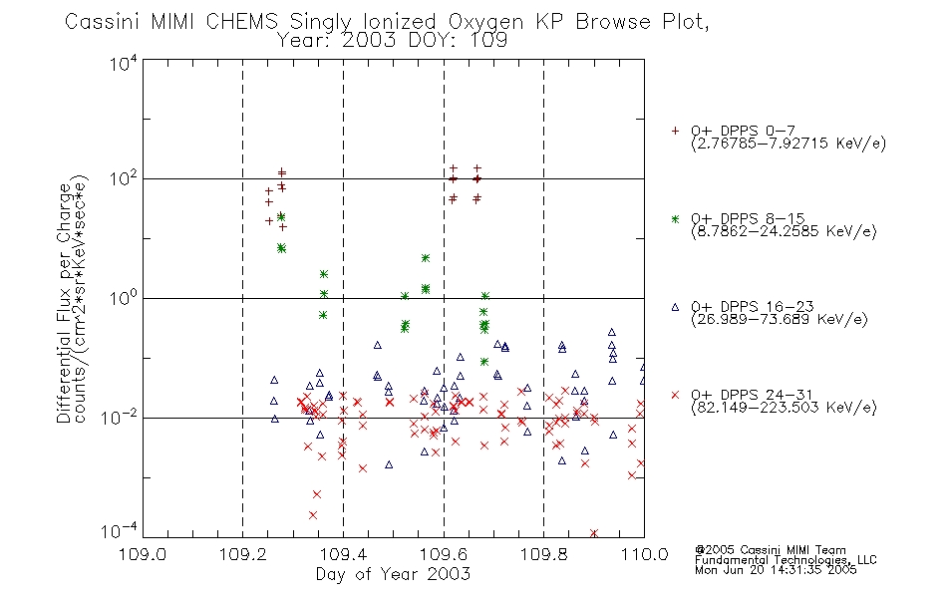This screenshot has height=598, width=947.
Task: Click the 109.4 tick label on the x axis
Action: click(343, 554)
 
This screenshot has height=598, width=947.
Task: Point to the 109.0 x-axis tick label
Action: click(143, 554)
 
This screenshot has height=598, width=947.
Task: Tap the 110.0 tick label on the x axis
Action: click(644, 554)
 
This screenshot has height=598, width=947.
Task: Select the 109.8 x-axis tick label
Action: click(543, 554)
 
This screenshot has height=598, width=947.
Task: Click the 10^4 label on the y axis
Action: click(124, 63)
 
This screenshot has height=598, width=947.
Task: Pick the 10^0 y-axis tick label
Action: click(124, 298)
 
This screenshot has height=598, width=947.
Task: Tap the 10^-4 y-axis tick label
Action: click(120, 531)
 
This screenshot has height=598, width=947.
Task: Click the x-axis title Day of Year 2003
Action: click(393, 574)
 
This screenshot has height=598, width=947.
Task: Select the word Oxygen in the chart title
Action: click(485, 22)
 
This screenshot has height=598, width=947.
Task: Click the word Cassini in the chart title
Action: click(103, 22)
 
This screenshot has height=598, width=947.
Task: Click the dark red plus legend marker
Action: click(675, 131)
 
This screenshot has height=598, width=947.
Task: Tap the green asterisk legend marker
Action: click(675, 218)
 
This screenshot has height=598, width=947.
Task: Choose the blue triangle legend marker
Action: click(675, 307)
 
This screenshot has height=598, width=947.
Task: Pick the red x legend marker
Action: click(675, 395)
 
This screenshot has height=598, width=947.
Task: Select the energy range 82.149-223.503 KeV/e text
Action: click(784, 408)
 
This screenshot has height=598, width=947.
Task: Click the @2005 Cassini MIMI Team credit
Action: click(771, 550)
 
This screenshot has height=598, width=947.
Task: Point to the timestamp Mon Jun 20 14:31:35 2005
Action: click(776, 570)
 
